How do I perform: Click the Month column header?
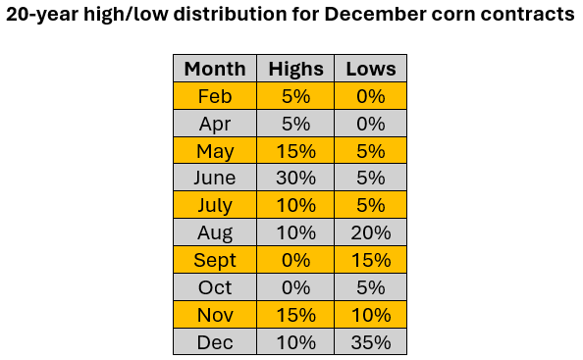click(215, 69)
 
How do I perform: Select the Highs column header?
click(295, 69)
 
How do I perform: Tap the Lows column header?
click(370, 69)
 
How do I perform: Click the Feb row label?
click(215, 96)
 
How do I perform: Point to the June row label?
click(215, 179)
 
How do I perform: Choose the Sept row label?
click(215, 261)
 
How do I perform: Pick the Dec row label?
click(215, 342)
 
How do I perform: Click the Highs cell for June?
click(295, 179)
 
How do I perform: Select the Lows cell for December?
click(370, 342)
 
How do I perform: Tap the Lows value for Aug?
click(370, 233)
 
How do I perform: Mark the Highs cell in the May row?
click(295, 151)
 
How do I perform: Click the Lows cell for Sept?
click(370, 261)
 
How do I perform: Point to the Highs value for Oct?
click(295, 287)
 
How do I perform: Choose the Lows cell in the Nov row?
click(370, 315)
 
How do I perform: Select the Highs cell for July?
click(295, 206)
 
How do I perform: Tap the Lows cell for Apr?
click(370, 124)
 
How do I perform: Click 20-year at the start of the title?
click(43, 16)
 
